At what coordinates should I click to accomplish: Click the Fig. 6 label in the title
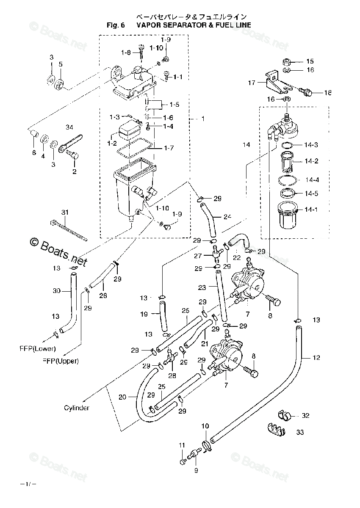click(x=116, y=25)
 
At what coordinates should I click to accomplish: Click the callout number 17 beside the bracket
click(x=252, y=83)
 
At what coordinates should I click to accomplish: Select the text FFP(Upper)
click(x=61, y=361)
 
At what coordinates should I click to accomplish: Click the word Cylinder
click(x=77, y=408)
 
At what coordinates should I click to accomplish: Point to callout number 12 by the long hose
click(x=316, y=357)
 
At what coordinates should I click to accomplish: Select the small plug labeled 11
click(x=183, y=461)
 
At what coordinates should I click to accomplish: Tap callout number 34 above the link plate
click(x=69, y=127)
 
